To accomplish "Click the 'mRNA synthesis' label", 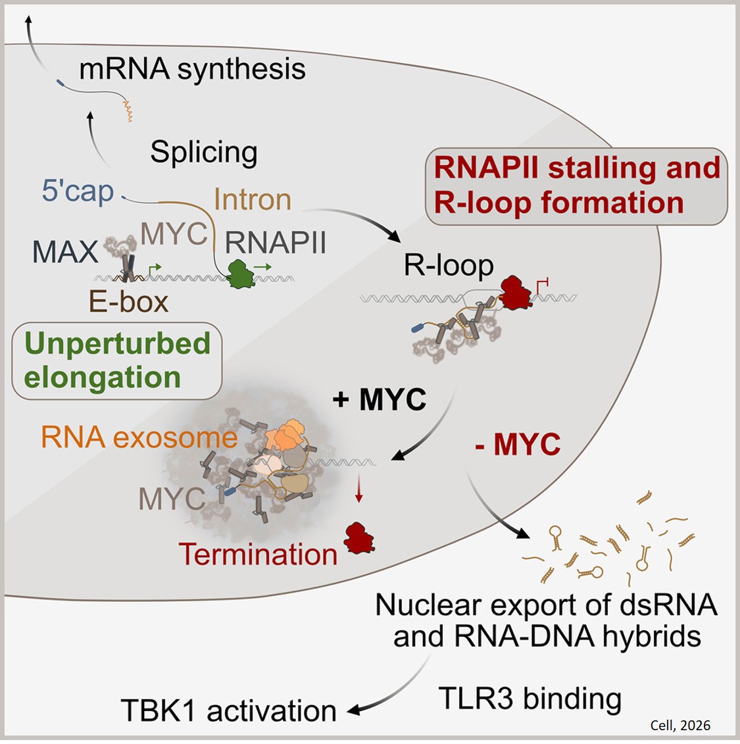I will click(x=192, y=69).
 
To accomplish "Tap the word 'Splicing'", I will click(x=204, y=153).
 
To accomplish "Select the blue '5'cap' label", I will click(x=78, y=191).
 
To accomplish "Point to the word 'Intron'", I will click(x=253, y=199).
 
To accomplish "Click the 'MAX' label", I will click(x=65, y=252).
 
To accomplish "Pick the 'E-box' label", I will click(x=129, y=302).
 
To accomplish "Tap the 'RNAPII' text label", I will click(x=276, y=243).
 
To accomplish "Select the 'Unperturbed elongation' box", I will click(x=117, y=360).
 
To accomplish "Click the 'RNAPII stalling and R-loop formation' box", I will click(x=577, y=185).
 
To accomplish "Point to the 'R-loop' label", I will click(x=449, y=265).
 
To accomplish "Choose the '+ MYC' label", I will click(x=380, y=399).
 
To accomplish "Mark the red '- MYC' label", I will click(x=517, y=445).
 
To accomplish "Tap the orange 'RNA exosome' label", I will click(x=139, y=437).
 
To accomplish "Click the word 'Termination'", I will click(x=258, y=554).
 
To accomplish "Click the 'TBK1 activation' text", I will click(x=228, y=710).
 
